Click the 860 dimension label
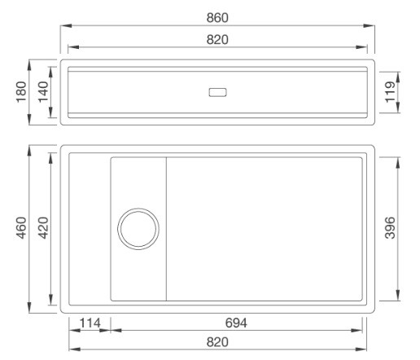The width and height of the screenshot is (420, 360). (x=217, y=17)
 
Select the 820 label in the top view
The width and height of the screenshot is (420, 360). (x=217, y=39)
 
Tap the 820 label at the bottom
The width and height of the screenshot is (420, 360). (x=217, y=343)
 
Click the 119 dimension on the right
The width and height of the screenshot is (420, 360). (x=391, y=91)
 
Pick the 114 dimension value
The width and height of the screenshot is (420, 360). (x=89, y=323)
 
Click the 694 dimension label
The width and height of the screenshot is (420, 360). (x=237, y=323)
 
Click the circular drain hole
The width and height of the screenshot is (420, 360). (x=138, y=228)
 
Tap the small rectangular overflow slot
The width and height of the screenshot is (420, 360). (x=218, y=91)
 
